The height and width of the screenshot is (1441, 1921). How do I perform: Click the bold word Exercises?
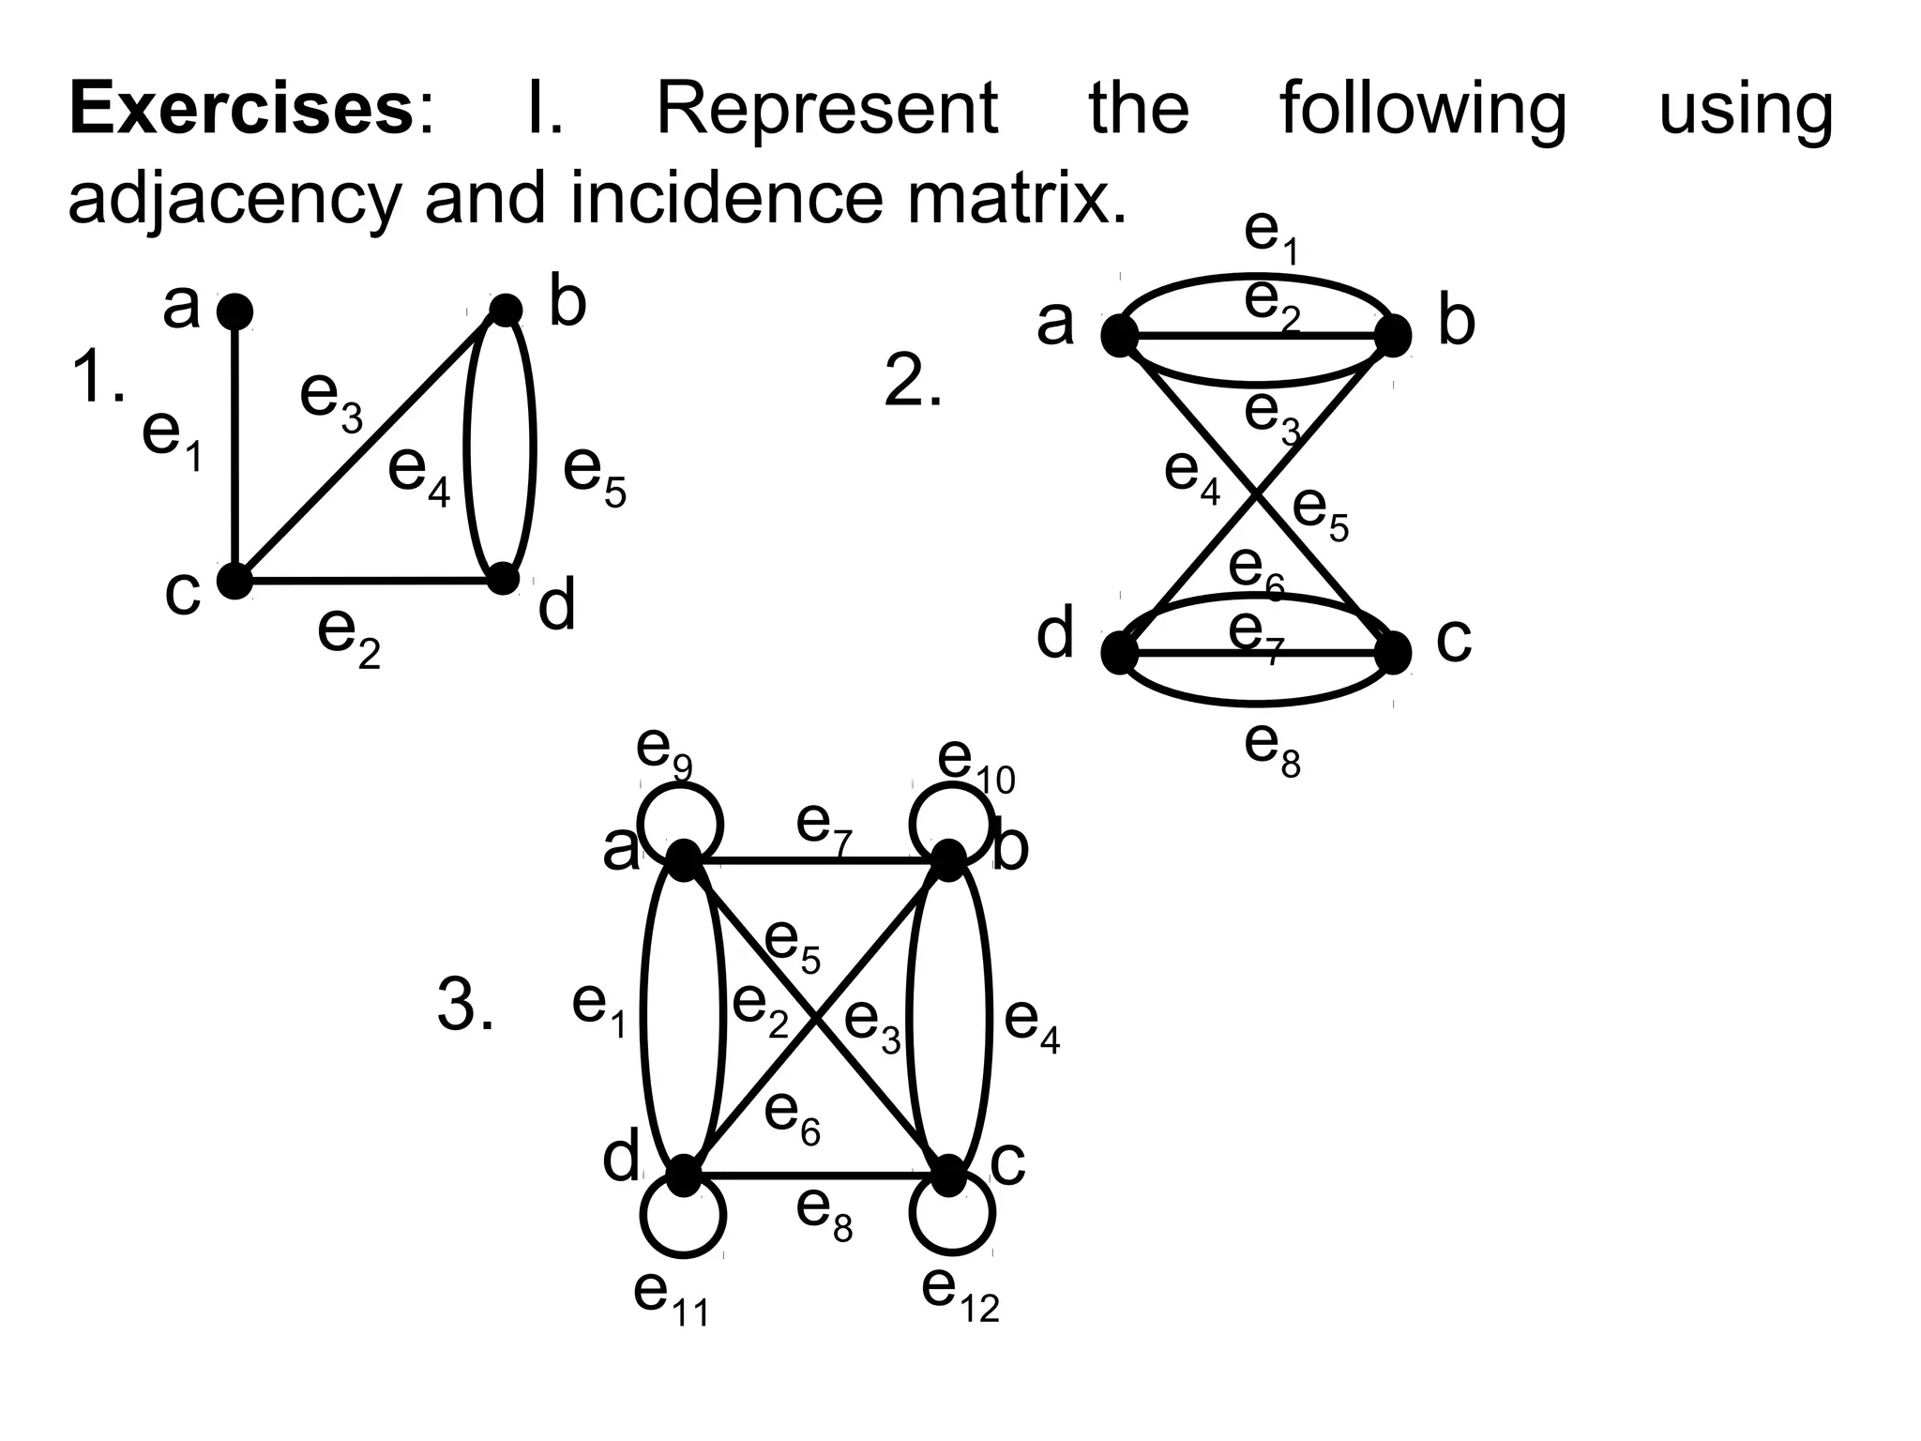[x=239, y=109]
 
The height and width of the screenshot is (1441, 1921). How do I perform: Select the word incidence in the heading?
[x=726, y=198]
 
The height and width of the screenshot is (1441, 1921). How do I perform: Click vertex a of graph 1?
[x=234, y=311]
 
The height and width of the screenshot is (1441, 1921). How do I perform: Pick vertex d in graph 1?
[x=504, y=578]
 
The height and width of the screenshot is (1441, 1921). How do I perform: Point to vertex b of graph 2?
[x=1393, y=335]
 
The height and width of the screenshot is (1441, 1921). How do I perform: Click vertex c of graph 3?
[x=949, y=1175]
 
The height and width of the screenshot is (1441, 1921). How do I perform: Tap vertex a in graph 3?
[x=683, y=859]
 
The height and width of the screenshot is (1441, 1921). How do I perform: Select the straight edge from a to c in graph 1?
[x=234, y=446]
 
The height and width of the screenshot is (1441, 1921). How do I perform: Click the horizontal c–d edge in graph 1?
[x=369, y=581]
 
